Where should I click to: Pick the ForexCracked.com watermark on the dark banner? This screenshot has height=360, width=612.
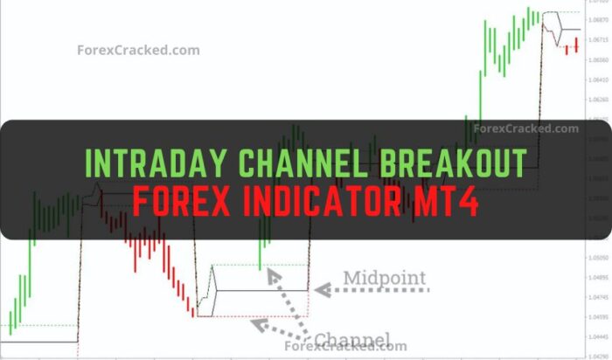coord(525,128)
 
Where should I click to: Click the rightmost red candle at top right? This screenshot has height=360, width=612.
coord(577,46)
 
